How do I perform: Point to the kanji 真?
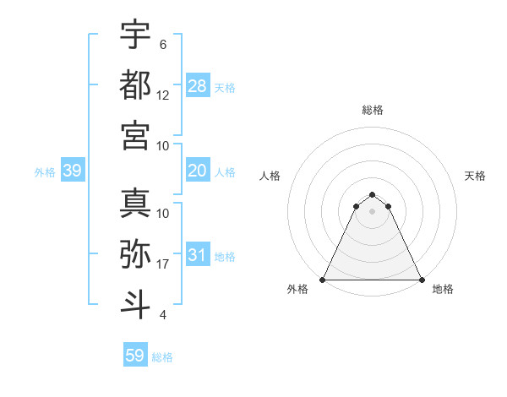tap(135, 203)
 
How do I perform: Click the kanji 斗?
tap(135, 302)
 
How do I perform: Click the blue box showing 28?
tap(198, 86)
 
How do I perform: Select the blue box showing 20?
tap(198, 171)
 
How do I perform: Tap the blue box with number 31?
tap(198, 256)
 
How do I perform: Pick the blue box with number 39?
tap(73, 171)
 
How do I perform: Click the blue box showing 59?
tap(135, 356)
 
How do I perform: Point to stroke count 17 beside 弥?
tap(163, 265)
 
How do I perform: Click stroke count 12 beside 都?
tap(163, 95)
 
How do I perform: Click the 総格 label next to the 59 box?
tap(162, 357)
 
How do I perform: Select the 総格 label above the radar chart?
tap(373, 110)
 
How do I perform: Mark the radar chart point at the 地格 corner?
tap(422, 280)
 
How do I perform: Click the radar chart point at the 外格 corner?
tap(324, 280)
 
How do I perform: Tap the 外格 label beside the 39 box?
tap(45, 172)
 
